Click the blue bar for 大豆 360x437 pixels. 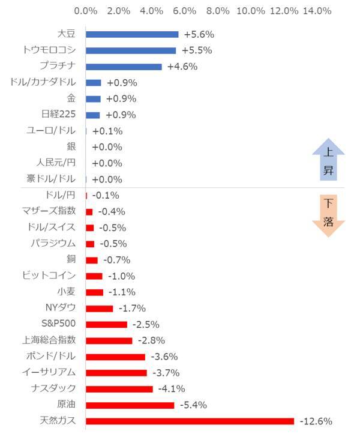pos(132,34)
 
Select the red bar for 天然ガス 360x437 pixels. pos(190,421)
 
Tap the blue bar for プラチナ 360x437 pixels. pos(124,67)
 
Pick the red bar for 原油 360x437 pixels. pos(130,405)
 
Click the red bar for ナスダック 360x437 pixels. pos(119,389)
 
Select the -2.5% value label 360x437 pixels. pos(146,324)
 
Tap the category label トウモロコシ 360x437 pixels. pos(49,50)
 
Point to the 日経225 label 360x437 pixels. pos(59,115)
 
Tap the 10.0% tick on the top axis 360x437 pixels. pos(251,11)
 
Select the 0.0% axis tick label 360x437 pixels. pos(86,11)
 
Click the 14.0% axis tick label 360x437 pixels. pos(317,11)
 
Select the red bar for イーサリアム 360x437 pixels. pos(116,373)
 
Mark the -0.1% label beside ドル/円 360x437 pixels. pos(106,195)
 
